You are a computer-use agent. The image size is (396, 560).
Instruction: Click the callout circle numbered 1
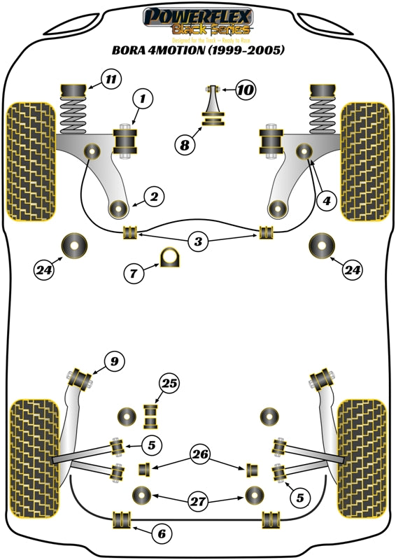point(143,101)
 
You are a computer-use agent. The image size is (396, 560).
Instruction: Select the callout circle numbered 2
point(154,197)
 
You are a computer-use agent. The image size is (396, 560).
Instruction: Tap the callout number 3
point(199,242)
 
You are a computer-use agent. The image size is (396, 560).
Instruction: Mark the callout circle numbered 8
point(185,145)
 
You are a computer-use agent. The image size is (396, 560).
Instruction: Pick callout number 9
point(113,361)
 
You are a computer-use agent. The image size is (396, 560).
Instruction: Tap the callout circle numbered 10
point(246,90)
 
